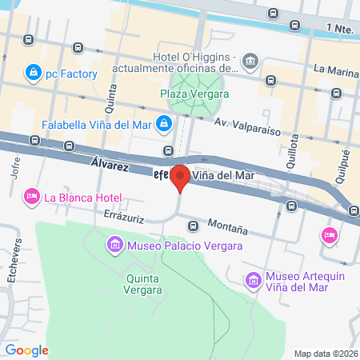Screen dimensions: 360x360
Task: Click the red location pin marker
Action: [x=181, y=177]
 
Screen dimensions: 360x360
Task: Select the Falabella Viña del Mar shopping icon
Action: [x=163, y=124]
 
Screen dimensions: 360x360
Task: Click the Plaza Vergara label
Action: [x=195, y=93]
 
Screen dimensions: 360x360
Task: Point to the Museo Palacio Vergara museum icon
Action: [x=114, y=243]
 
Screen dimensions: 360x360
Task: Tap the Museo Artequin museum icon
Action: [x=254, y=280]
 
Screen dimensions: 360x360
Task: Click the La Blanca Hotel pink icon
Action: [x=32, y=196]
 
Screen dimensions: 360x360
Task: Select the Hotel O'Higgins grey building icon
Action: [x=251, y=62]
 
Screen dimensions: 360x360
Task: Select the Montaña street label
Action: [x=226, y=226]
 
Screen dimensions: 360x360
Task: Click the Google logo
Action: [x=26, y=350]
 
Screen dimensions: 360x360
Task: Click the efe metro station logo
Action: [x=160, y=175]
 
